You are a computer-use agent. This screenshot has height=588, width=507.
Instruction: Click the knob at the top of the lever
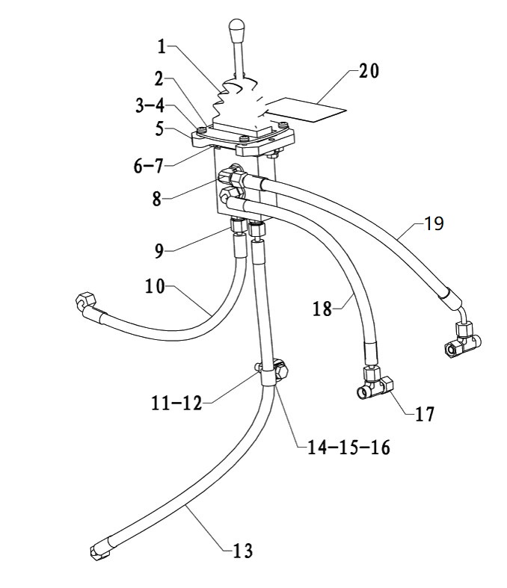click(x=237, y=30)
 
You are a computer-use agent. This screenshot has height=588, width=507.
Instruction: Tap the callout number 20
click(x=369, y=71)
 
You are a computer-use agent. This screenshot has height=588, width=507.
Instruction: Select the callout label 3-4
click(x=150, y=105)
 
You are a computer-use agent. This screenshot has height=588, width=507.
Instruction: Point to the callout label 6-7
click(x=148, y=165)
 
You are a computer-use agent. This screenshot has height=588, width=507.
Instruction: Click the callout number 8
click(x=157, y=199)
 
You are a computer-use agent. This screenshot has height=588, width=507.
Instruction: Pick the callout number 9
click(x=159, y=251)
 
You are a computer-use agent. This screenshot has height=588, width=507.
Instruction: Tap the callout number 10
click(x=155, y=286)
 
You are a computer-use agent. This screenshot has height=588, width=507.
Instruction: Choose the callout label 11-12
click(x=176, y=403)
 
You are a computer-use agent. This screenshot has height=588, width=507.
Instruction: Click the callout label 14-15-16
click(x=348, y=447)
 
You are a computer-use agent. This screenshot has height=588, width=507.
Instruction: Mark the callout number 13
click(x=242, y=551)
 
